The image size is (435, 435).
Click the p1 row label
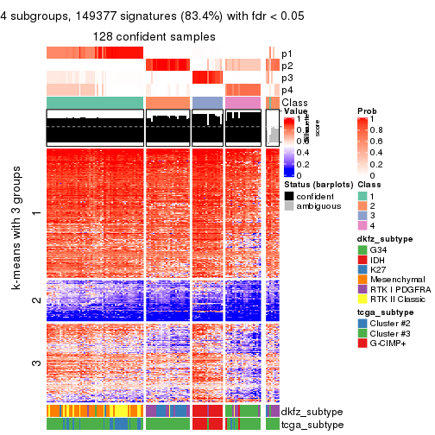tap(287, 54)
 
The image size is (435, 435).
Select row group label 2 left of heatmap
tap(35, 300)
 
